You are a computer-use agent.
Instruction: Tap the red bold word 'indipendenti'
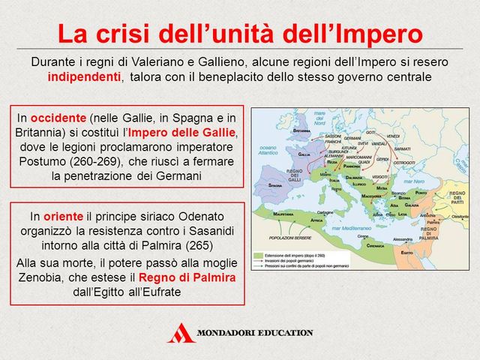pyautogui.click(x=83, y=77)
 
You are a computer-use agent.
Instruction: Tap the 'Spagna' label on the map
pyautogui.click(x=274, y=183)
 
